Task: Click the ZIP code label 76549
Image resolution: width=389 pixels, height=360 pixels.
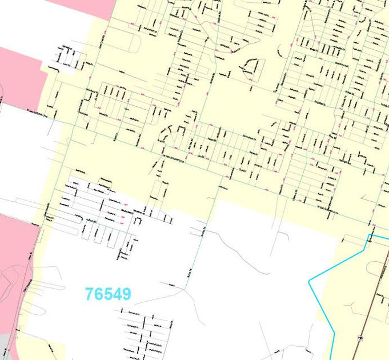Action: coord(108,294)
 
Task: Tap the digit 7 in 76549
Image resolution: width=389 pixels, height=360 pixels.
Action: coord(89,294)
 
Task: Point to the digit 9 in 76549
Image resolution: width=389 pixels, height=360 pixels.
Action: coord(127,294)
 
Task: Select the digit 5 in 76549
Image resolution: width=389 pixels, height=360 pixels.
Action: coord(108,294)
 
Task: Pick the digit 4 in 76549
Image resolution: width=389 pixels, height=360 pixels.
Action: coord(118,294)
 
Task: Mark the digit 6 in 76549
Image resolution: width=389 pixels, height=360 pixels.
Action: coord(98,294)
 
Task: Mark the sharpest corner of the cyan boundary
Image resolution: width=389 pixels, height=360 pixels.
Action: coord(309,281)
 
